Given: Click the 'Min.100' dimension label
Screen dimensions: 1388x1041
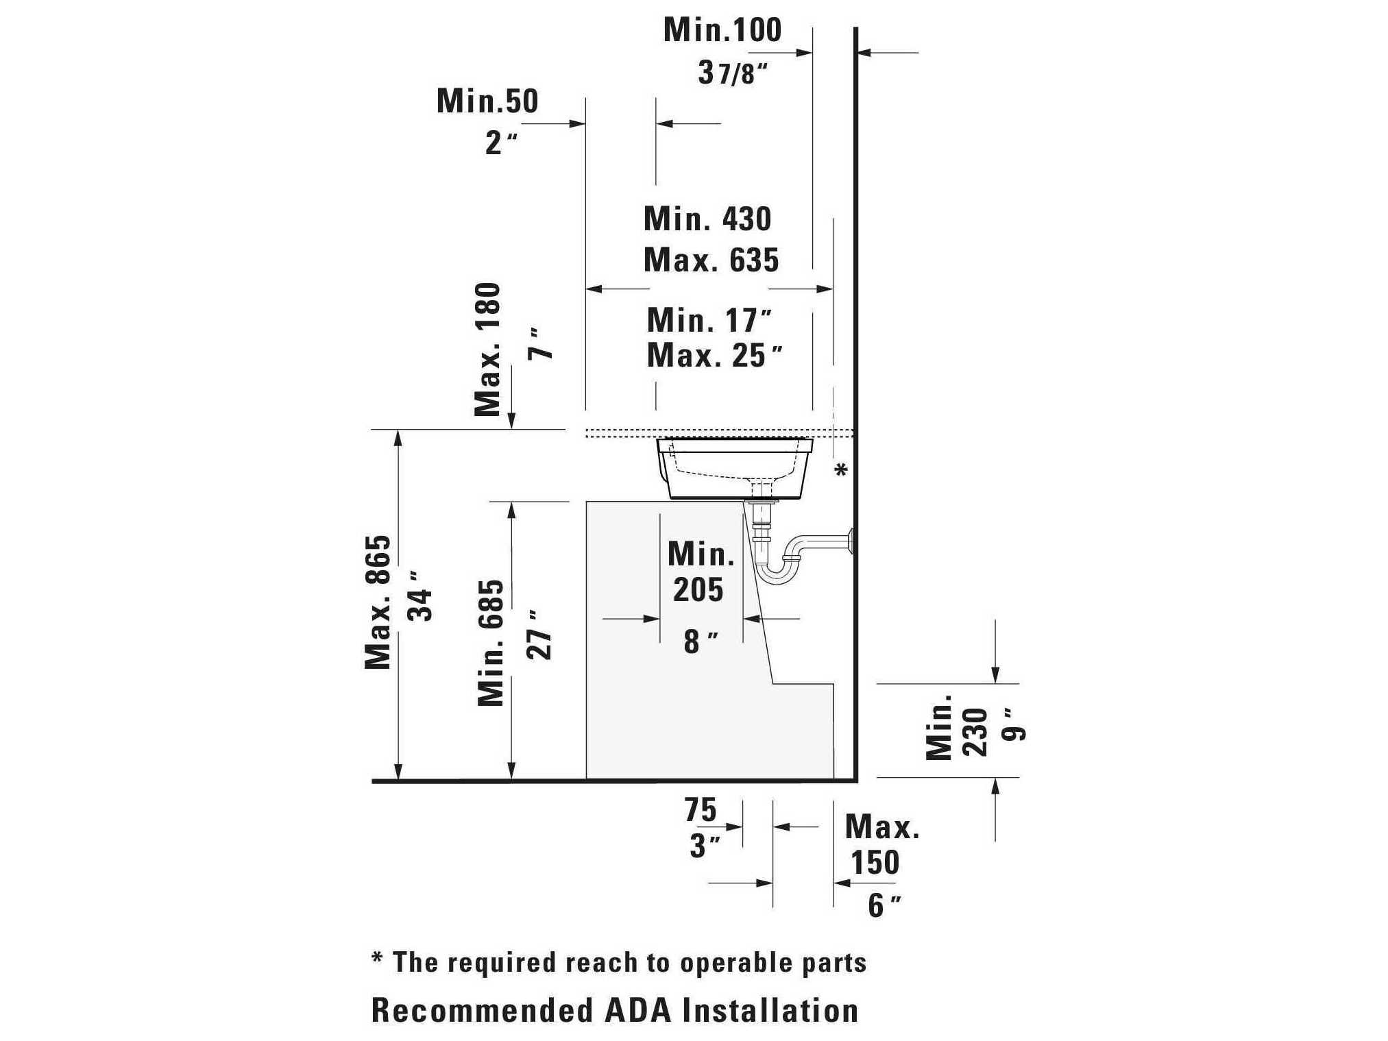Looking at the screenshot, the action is (x=722, y=30).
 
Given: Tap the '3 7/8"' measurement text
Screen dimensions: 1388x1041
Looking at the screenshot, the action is (x=733, y=72).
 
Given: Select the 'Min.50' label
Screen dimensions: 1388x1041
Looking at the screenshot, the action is (x=487, y=101).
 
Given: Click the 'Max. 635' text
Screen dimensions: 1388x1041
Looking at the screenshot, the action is (x=711, y=260).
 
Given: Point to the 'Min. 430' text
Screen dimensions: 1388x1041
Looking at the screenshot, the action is (x=707, y=219).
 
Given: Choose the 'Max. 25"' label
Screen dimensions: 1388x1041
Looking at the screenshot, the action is (x=714, y=356).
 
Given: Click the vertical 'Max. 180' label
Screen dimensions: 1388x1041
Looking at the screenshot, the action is (x=488, y=350).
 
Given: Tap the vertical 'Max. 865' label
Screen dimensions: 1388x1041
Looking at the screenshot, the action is (x=378, y=602).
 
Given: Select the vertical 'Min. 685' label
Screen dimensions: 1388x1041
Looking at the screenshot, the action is (x=491, y=643).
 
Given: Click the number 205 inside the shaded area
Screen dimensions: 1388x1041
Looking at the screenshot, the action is (x=698, y=590).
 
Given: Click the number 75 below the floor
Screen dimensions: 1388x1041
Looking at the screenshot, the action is (x=701, y=810).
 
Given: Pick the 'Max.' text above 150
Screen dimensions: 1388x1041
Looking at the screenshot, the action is (x=882, y=827).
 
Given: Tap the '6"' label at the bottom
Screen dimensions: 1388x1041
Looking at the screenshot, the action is (x=884, y=906).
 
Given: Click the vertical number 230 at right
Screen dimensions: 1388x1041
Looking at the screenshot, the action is (x=975, y=733).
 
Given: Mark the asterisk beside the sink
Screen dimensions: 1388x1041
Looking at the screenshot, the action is (x=841, y=470).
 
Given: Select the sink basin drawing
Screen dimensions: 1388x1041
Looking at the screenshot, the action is (x=734, y=468).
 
